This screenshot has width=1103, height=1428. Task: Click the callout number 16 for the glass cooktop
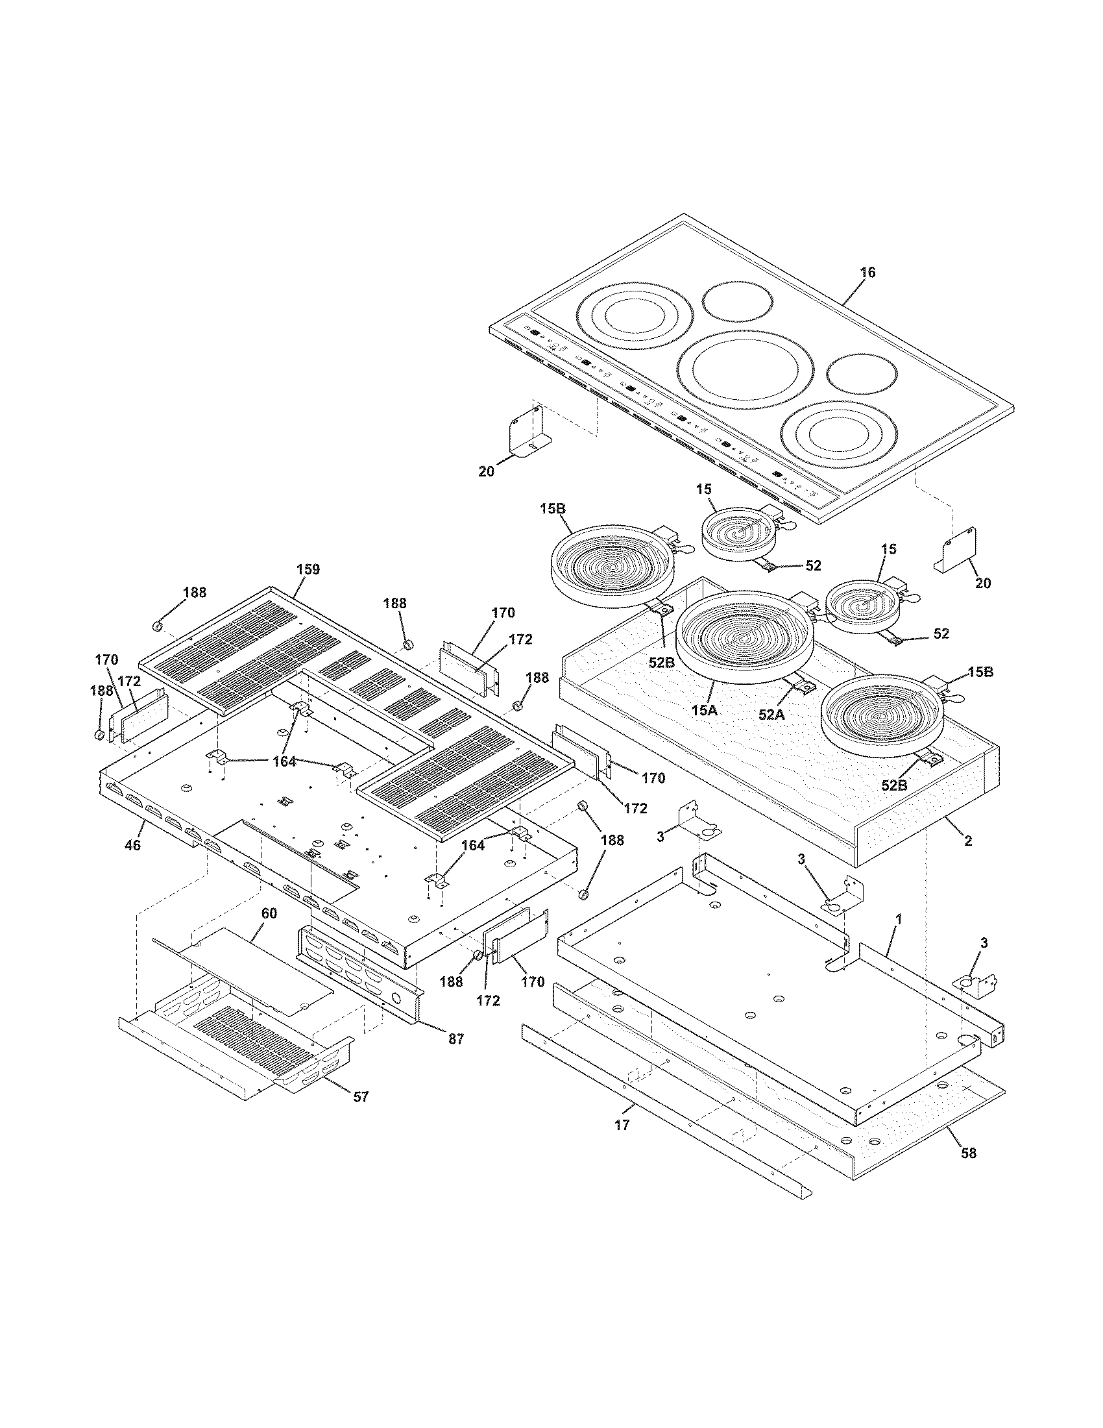click(867, 272)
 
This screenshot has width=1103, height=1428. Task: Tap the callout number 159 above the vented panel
click(308, 569)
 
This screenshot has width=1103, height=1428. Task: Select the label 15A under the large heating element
click(704, 710)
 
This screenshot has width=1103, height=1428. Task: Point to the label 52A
click(771, 715)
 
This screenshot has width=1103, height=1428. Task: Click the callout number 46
click(132, 845)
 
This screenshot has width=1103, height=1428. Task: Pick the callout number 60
click(269, 913)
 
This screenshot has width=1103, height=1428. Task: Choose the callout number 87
click(455, 1039)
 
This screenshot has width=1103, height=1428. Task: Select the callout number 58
click(969, 1153)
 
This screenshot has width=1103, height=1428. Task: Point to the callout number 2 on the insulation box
click(968, 841)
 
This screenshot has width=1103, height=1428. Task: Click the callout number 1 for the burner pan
click(898, 918)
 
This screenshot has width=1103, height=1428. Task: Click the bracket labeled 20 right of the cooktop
click(960, 550)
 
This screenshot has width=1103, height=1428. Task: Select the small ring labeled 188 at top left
click(158, 627)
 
